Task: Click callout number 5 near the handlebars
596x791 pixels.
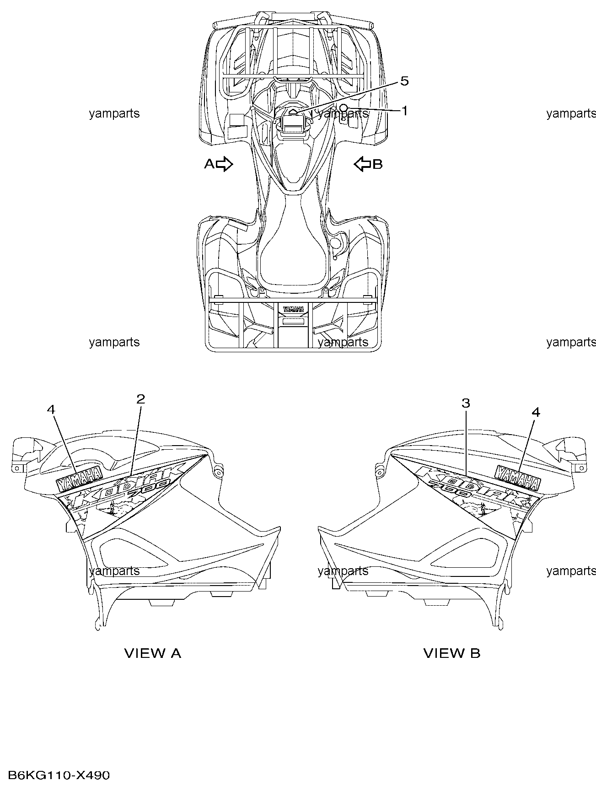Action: pos(404,81)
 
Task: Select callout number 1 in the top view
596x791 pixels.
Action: pos(404,111)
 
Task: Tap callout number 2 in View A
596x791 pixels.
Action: pos(140,399)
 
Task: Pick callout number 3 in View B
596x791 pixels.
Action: pos(466,403)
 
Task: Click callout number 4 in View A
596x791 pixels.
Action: pos(51,409)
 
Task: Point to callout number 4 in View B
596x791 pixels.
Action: pos(536,412)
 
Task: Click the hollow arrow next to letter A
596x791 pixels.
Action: pos(225,164)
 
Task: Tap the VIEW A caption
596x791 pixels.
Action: pos(153,653)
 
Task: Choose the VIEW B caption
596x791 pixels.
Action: pos(452,653)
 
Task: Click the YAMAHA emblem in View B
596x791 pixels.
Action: pos(517,478)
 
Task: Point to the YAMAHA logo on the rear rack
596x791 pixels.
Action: pos(293,309)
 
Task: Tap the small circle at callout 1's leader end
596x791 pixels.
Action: pos(343,107)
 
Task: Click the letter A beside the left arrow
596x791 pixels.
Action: pos(209,164)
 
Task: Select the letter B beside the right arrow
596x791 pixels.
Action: pos(377,164)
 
